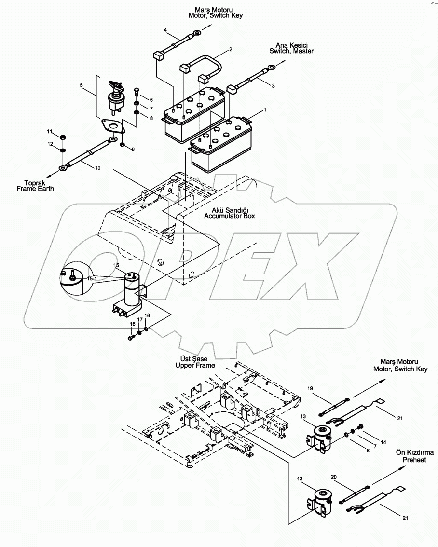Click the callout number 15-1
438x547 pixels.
pyautogui.click(x=92, y=278)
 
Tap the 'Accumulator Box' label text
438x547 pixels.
pyautogui.click(x=230, y=216)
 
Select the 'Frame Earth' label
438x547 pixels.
pyautogui.click(x=35, y=189)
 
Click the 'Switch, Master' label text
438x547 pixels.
pyautogui.click(x=291, y=51)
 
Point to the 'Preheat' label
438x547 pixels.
pyautogui.click(x=414, y=460)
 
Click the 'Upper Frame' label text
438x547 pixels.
pyautogui.click(x=195, y=365)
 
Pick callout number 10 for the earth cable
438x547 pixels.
pyautogui.click(x=97, y=168)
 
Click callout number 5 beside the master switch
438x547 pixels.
pyautogui.click(x=81, y=85)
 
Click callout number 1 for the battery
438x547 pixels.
pyautogui.click(x=265, y=110)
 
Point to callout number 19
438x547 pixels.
pyautogui.click(x=310, y=388)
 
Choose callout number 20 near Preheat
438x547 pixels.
pyautogui.click(x=334, y=477)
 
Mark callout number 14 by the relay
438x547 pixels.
pyautogui.click(x=383, y=442)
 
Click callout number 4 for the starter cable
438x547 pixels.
pyautogui.click(x=165, y=30)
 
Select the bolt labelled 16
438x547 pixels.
pyautogui.click(x=132, y=337)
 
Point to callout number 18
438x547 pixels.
pyautogui.click(x=147, y=315)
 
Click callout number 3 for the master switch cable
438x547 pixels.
pyautogui.click(x=273, y=86)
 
